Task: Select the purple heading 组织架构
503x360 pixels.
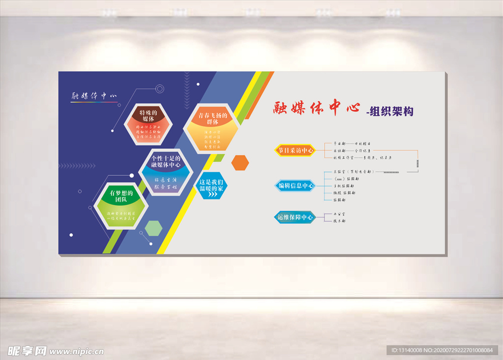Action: pyautogui.click(x=390, y=111)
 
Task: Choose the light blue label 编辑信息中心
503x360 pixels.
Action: pyautogui.click(x=295, y=186)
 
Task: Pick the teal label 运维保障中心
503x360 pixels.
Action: pyautogui.click(x=295, y=217)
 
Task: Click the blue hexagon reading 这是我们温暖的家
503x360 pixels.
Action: pyautogui.click(x=211, y=186)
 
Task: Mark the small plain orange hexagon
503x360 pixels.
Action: pyautogui.click(x=240, y=162)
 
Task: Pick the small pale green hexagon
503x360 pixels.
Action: pyautogui.click(x=154, y=228)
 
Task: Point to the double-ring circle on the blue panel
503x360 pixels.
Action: pyautogui.click(x=160, y=89)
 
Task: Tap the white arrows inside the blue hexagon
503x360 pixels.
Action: pyautogui.click(x=212, y=194)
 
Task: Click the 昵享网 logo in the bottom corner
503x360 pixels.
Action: pyautogui.click(x=28, y=351)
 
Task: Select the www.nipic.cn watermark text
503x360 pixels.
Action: pyautogui.click(x=77, y=352)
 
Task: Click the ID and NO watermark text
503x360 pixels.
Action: pyautogui.click(x=442, y=350)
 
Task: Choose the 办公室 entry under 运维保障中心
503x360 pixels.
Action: pyautogui.click(x=339, y=214)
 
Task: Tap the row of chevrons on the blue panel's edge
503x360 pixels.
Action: pyautogui.click(x=77, y=166)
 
